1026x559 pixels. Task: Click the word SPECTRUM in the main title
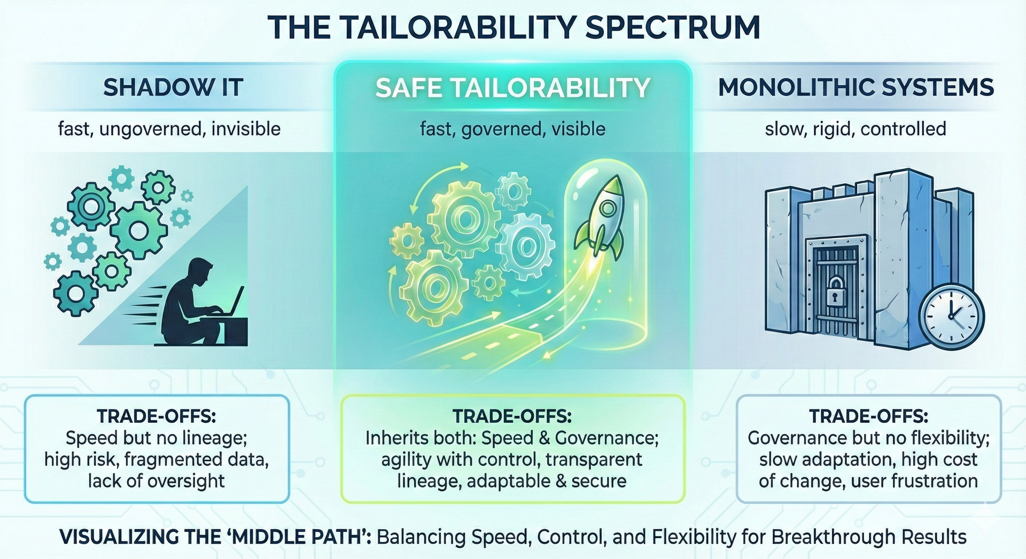673,27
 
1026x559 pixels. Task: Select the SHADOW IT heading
173,88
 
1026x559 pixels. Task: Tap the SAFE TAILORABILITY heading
512,88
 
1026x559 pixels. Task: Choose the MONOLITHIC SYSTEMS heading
856,88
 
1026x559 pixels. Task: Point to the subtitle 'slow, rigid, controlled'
856,129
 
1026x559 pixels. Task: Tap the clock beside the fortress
951,317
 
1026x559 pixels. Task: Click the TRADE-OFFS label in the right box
868,416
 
